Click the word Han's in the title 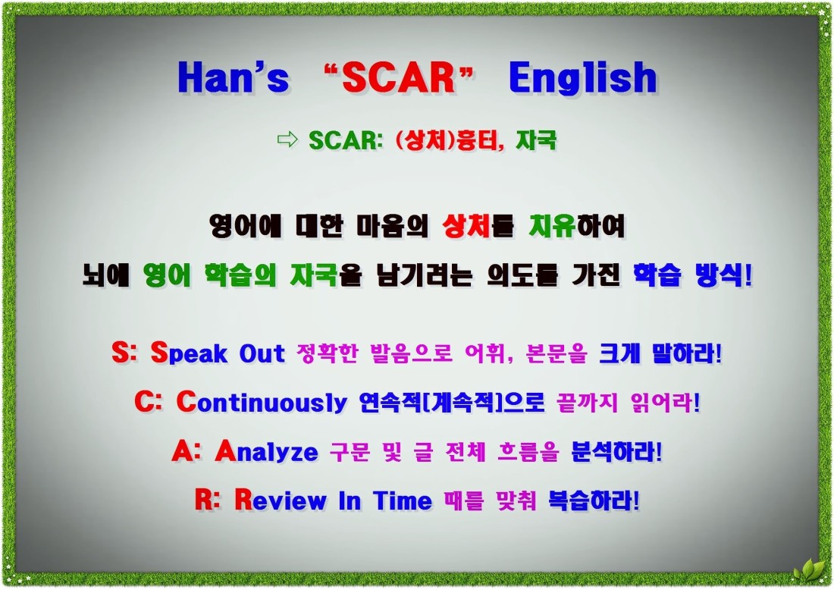click(x=234, y=77)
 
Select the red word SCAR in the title click(x=400, y=77)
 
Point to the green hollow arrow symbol click(x=287, y=140)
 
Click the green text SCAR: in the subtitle click(x=346, y=140)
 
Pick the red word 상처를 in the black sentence click(x=478, y=226)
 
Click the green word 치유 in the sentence click(x=552, y=226)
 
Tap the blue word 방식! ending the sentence click(x=724, y=275)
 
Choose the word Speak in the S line click(x=190, y=353)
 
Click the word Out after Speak click(x=262, y=353)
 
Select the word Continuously click(x=261, y=402)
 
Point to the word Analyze click(x=266, y=452)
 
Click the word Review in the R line click(x=281, y=500)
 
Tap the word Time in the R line click(x=402, y=501)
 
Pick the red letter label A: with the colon click(x=187, y=452)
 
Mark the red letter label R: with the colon click(x=207, y=500)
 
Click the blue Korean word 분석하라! click(x=616, y=452)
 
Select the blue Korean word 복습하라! click(x=594, y=500)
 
